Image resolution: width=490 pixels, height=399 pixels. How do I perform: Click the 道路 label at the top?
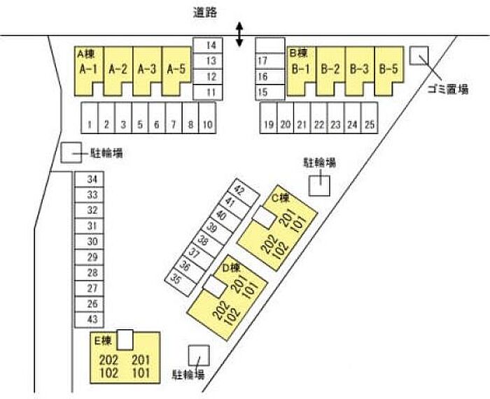(x=205, y=13)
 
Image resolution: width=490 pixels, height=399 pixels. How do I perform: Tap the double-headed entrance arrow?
(x=239, y=34)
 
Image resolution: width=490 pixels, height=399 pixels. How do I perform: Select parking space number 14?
(x=208, y=45)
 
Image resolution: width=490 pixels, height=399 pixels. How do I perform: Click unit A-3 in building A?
(x=147, y=71)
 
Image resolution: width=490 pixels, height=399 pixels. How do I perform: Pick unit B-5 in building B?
(x=388, y=71)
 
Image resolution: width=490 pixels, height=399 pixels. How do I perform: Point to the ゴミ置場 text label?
(x=447, y=89)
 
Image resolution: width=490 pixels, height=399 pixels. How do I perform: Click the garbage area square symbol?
(x=419, y=56)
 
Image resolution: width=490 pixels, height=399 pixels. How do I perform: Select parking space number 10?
(x=207, y=118)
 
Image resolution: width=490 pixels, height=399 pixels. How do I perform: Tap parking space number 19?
(x=268, y=118)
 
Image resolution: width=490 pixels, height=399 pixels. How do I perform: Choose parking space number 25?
(x=370, y=118)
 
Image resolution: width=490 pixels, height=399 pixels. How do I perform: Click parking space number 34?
(x=89, y=180)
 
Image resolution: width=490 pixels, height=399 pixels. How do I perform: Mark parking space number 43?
(x=89, y=320)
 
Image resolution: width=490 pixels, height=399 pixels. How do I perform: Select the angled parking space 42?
(x=244, y=192)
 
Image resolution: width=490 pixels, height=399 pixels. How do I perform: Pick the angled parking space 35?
(x=181, y=282)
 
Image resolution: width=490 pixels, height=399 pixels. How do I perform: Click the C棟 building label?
(x=280, y=198)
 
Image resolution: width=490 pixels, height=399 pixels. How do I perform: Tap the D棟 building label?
(x=230, y=268)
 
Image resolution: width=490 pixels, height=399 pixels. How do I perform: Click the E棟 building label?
(x=103, y=341)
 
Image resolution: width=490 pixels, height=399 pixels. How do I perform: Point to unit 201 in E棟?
(x=141, y=361)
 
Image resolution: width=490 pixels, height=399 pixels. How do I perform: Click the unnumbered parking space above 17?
(x=270, y=45)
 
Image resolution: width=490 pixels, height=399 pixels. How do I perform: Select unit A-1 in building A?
(x=88, y=71)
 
